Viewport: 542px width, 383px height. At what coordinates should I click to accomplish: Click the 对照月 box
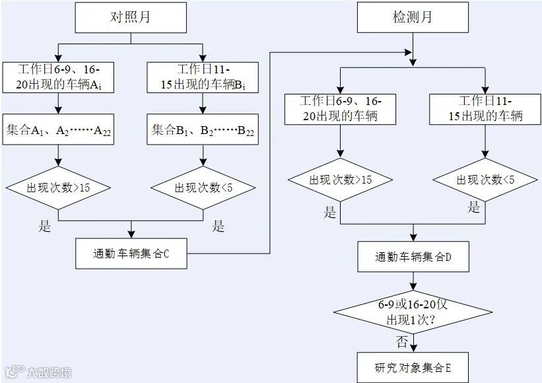click(x=131, y=17)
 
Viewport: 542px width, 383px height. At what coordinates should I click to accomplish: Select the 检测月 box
click(x=413, y=17)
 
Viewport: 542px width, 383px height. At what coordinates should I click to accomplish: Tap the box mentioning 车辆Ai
click(x=59, y=78)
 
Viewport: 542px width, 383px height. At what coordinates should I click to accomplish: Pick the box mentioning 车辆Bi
click(x=203, y=78)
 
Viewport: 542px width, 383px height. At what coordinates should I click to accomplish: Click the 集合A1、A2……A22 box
click(x=59, y=131)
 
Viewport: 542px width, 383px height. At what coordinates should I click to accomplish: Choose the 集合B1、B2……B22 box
click(x=203, y=131)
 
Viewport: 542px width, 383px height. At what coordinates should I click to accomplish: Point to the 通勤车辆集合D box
click(x=413, y=257)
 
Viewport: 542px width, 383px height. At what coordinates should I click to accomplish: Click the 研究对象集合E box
click(x=413, y=367)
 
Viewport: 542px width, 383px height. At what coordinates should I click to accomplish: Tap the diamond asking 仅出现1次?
click(x=413, y=311)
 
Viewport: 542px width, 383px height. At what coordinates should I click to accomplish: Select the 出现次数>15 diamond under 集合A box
click(x=59, y=188)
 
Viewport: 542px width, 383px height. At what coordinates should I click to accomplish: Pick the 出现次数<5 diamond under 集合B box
click(x=203, y=188)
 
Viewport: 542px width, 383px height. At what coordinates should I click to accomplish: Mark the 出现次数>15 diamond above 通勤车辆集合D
click(x=341, y=180)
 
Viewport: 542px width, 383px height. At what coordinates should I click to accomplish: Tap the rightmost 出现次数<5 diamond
click(x=485, y=180)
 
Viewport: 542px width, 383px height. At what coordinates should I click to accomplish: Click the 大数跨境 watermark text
click(x=49, y=373)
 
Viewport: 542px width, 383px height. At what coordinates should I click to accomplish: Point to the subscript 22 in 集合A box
click(x=106, y=134)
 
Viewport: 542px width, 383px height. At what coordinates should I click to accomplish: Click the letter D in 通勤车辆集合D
click(x=447, y=257)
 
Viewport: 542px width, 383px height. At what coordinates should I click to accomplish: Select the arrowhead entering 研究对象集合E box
click(x=413, y=349)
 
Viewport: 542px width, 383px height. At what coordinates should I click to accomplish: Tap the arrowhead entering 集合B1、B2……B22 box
click(x=203, y=114)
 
